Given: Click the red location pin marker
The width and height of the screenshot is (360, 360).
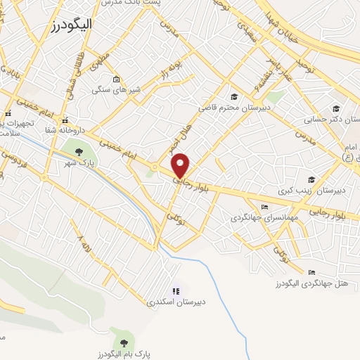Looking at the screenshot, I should pos(181,165).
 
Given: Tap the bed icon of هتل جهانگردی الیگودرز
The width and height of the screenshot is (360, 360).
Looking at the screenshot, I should pos(311,272).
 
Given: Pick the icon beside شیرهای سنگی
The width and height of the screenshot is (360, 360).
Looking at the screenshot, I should pos(116,79).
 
